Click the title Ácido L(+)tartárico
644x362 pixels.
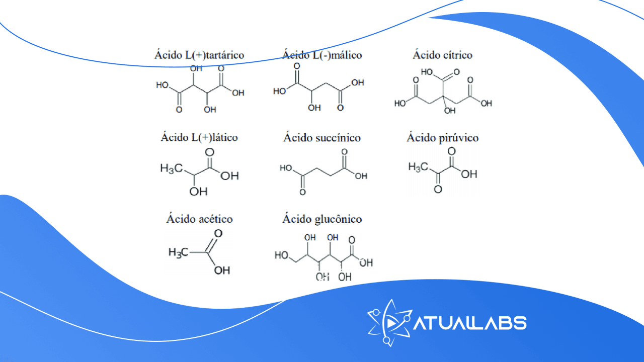tap(199, 55)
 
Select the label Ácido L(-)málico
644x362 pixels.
tap(322, 55)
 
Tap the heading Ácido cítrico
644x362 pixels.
tap(443, 55)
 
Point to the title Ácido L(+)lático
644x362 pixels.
tap(199, 137)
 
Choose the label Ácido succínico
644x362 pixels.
tap(322, 137)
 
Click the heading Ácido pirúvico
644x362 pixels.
tap(443, 137)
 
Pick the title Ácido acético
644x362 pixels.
tap(199, 219)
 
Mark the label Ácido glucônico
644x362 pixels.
tap(322, 219)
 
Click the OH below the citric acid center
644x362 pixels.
tap(450, 111)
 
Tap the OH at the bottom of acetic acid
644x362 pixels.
tap(222, 270)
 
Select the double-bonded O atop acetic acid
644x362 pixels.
tap(218, 233)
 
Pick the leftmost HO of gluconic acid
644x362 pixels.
tap(282, 255)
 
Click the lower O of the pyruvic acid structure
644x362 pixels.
tap(438, 190)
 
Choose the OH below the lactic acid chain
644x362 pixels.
tap(199, 192)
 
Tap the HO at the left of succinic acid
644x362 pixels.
tap(286, 168)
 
